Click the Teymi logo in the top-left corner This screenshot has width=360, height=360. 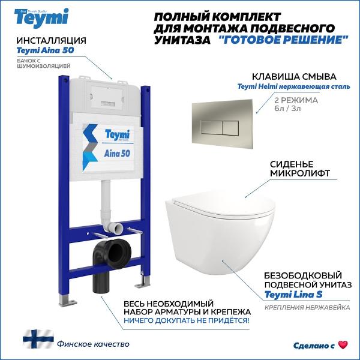[41, 18]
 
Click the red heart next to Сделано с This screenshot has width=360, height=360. [343, 345]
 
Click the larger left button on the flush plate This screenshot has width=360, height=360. [211, 128]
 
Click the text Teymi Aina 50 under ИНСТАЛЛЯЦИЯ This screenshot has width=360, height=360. [45, 50]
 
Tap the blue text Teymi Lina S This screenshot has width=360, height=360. [293, 295]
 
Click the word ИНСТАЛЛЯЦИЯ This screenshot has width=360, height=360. [51, 41]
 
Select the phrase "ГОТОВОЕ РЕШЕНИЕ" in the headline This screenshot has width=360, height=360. [284, 40]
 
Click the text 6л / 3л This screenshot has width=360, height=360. [287, 108]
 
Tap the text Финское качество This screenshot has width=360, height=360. [93, 344]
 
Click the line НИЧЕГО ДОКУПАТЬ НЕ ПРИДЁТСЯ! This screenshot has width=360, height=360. [187, 320]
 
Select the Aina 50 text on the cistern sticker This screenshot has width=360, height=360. [117, 154]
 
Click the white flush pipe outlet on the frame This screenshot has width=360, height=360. [116, 229]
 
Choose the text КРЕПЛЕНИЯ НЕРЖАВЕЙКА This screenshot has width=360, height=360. [307, 307]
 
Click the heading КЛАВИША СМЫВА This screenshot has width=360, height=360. [294, 77]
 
